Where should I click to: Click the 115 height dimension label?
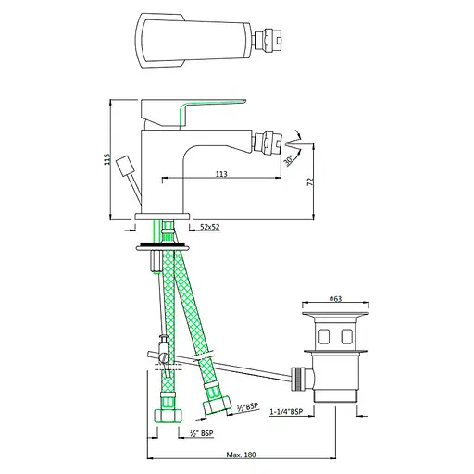[x=107, y=159]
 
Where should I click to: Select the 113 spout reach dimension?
[x=221, y=174]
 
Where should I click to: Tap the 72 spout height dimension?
[x=310, y=181]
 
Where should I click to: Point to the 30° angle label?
[x=288, y=160]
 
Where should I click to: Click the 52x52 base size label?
[x=210, y=227]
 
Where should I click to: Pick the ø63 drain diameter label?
[x=335, y=299]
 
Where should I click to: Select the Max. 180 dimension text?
[x=241, y=455]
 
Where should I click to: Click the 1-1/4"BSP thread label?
[x=286, y=412]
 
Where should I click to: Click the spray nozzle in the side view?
[x=268, y=143]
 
